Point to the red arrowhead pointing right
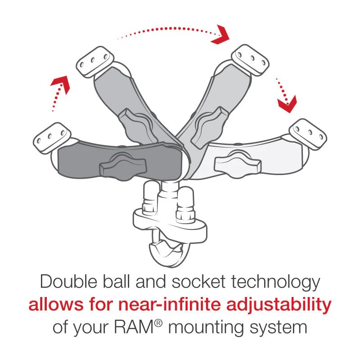(x=221, y=35)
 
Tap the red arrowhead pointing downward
(x=287, y=105)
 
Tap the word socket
(x=208, y=282)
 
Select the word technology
(x=282, y=282)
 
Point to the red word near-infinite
(x=172, y=305)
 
